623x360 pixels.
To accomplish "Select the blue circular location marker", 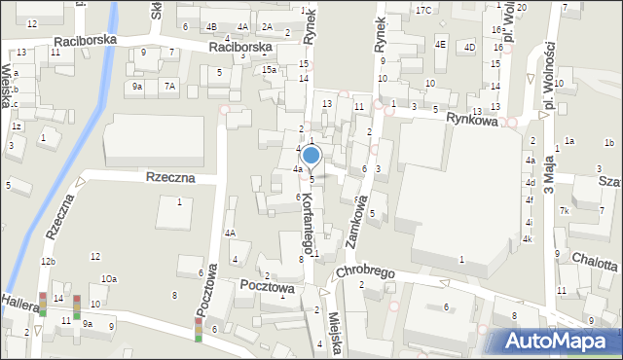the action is (x=311, y=155).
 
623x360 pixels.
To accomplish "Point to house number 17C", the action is (x=422, y=10).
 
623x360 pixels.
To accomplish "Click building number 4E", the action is (x=440, y=44).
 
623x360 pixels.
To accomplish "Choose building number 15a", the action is (x=269, y=70).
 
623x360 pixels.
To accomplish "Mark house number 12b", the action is (x=48, y=262).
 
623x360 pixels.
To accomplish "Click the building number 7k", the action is (x=564, y=210).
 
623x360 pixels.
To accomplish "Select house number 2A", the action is (x=266, y=26).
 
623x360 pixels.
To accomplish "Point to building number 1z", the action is (x=17, y=126).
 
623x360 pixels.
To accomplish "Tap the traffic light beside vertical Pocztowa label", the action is (x=199, y=330).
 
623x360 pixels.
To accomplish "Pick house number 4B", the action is (x=211, y=26).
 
